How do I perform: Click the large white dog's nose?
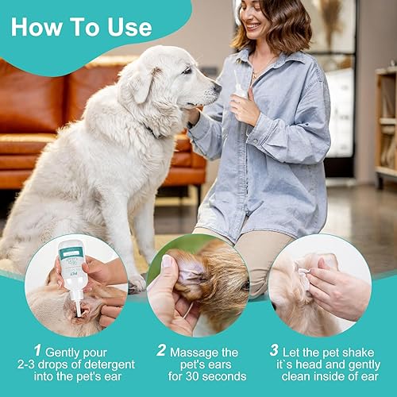[x=217, y=89]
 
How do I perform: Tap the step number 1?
[x=37, y=350]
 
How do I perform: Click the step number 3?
[x=274, y=350]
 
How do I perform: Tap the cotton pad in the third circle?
[x=304, y=271]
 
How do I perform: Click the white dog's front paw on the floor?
[x=137, y=281]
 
